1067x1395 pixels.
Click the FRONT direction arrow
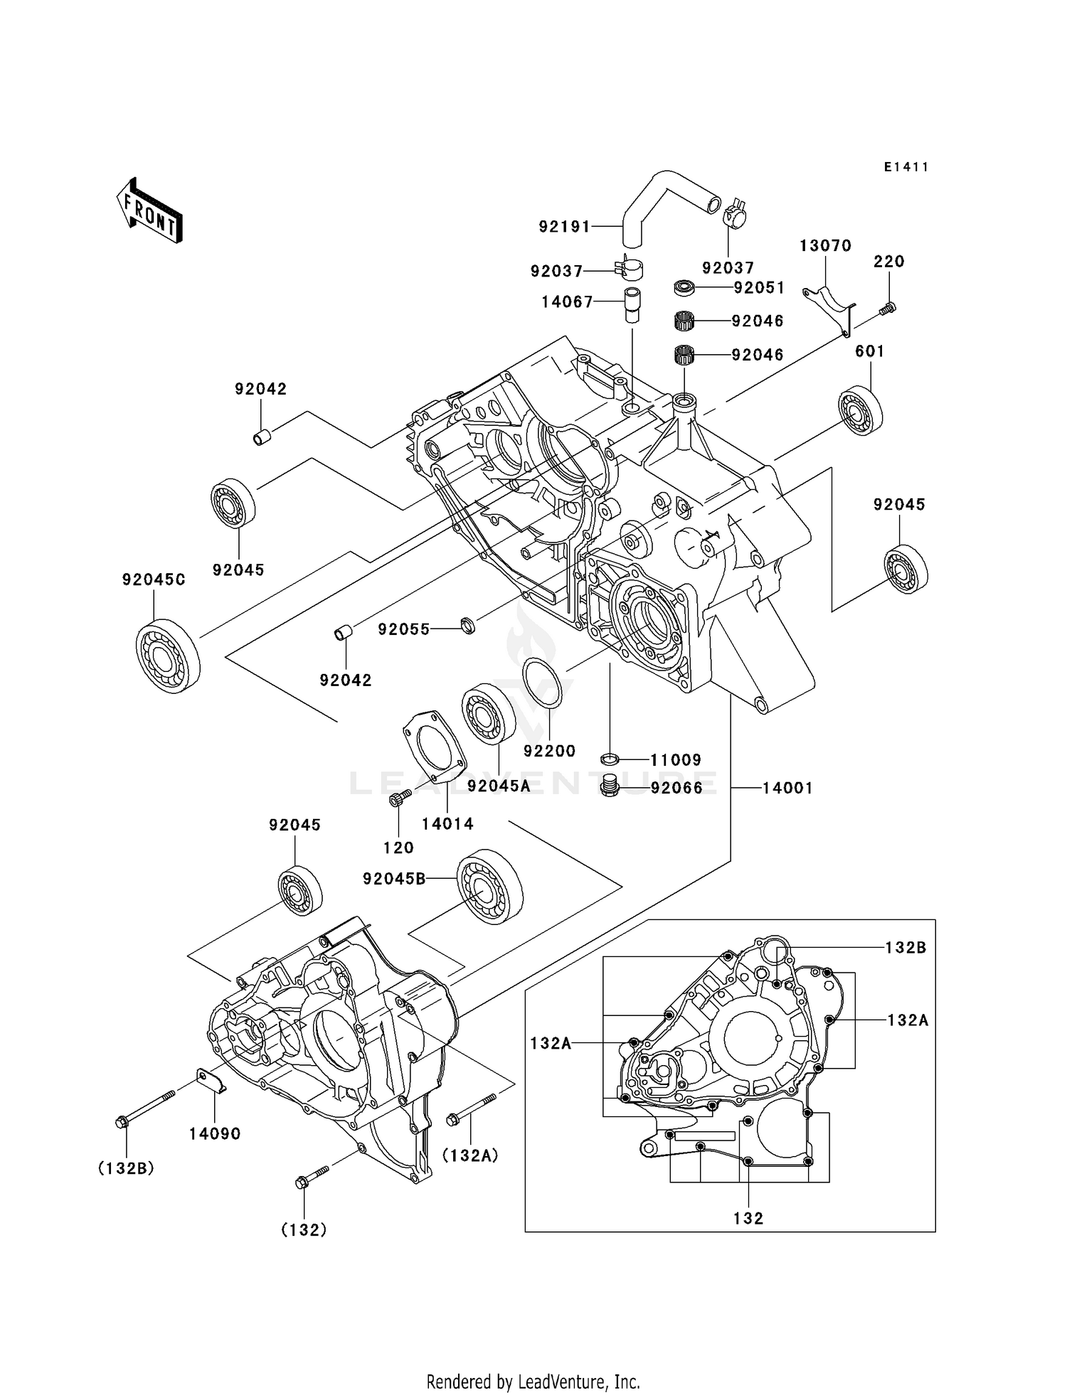click(150, 211)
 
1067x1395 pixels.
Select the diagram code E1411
click(906, 167)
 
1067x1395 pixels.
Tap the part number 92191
click(564, 227)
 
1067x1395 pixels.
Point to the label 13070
click(825, 246)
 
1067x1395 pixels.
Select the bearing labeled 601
click(860, 411)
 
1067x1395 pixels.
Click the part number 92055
click(403, 629)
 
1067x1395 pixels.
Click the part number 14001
click(787, 788)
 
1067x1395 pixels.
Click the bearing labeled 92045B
click(489, 886)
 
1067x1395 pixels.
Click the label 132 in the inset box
click(748, 1219)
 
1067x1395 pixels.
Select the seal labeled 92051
click(684, 288)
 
